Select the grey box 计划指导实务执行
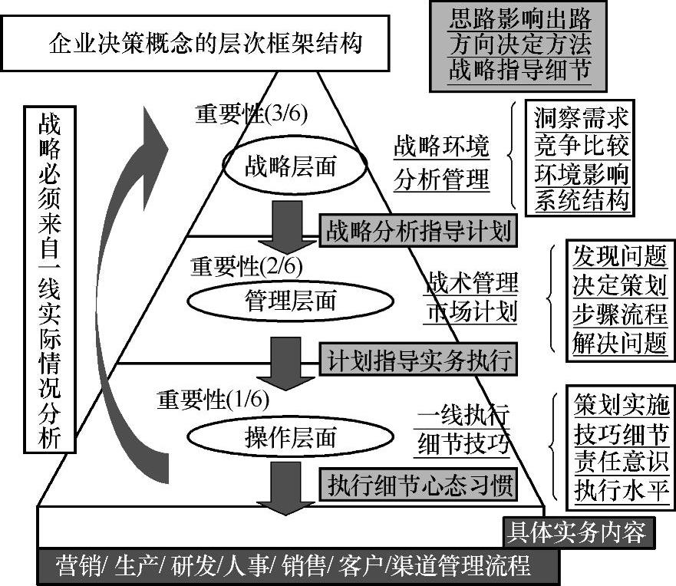pyautogui.click(x=417, y=358)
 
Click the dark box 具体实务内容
pyautogui.click(x=575, y=531)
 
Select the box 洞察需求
pyautogui.click(x=581, y=118)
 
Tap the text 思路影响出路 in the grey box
pyautogui.click(x=519, y=18)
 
